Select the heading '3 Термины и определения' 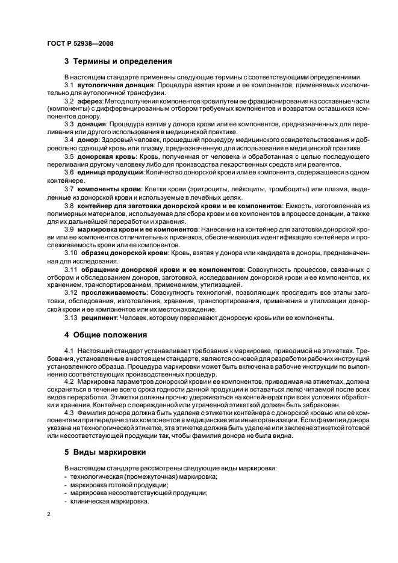(119, 61)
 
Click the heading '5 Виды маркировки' (106, 451)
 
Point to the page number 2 (49, 514)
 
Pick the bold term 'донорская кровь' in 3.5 (107, 156)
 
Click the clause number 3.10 (72, 253)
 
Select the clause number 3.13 (72, 318)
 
